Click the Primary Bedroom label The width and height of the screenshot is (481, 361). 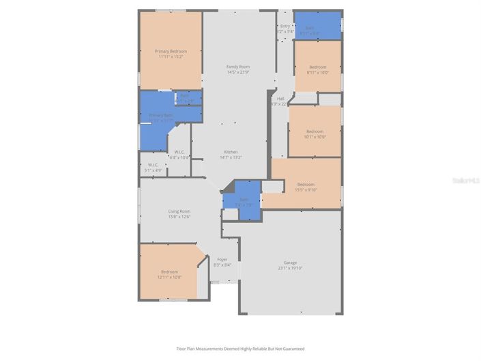[x=171, y=51]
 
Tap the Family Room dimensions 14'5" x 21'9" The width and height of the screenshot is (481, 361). [x=238, y=72]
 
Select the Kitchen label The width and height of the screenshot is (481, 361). [x=231, y=152]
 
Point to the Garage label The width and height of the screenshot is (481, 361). [x=290, y=263]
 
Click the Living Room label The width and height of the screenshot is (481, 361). [x=179, y=211]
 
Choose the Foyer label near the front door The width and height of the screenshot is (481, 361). [x=222, y=259]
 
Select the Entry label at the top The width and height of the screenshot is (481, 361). [x=285, y=26]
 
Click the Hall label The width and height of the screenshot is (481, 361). [x=280, y=98]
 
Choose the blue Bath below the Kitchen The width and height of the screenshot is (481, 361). [x=244, y=199]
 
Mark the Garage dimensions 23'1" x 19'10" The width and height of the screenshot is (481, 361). [x=290, y=268]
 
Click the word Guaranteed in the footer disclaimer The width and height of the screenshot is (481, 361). [x=292, y=349]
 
